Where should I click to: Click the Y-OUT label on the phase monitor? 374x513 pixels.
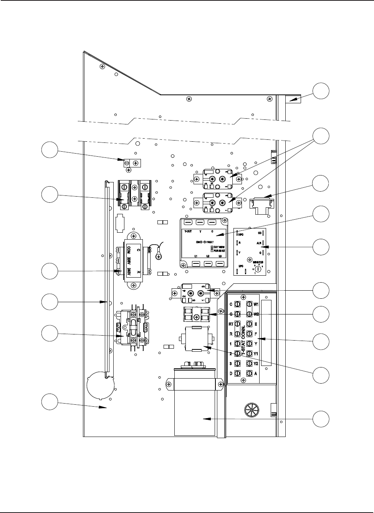188,232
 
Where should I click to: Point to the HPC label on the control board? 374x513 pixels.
241,233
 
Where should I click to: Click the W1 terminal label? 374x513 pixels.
257,304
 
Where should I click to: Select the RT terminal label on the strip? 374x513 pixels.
232,324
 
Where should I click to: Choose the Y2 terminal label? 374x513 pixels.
257,363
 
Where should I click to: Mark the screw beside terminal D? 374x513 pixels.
238,373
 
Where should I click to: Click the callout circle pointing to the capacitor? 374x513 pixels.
321,418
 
